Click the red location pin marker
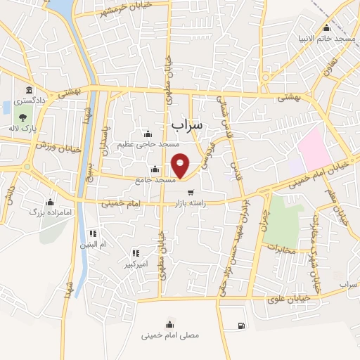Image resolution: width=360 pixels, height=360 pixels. click(181, 165)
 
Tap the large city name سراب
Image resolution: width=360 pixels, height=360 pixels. click(186, 124)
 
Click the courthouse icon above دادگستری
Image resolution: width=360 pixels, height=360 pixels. click(29, 90)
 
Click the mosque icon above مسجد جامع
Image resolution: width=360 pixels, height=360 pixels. click(155, 169)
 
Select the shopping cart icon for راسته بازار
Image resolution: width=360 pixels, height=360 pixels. click(190, 192)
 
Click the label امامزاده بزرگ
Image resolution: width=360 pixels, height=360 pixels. click(46, 210)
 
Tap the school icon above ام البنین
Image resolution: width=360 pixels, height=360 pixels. click(91, 233)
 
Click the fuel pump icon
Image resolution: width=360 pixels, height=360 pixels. click(242, 325)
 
